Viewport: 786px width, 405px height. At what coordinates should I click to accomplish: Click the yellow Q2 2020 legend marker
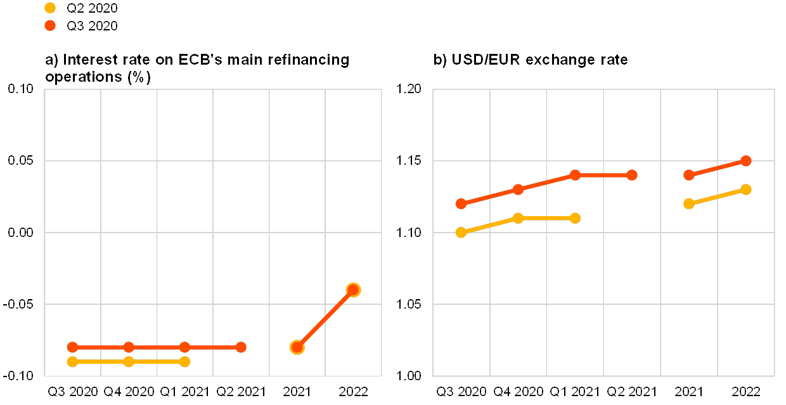click(51, 8)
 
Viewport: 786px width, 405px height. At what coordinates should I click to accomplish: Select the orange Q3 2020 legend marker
click(51, 25)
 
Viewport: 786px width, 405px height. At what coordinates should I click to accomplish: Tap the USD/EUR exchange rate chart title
click(531, 60)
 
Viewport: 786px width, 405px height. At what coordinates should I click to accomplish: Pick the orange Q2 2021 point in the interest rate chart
click(241, 347)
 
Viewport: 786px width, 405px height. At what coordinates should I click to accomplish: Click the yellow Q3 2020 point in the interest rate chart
click(72, 361)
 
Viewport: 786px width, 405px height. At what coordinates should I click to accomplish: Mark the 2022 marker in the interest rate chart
click(353, 290)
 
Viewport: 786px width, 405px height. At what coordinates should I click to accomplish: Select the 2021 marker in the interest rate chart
click(297, 347)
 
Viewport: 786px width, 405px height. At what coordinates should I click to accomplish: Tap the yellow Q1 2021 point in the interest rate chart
click(184, 361)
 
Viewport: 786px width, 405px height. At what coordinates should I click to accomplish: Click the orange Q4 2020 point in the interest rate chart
click(129, 347)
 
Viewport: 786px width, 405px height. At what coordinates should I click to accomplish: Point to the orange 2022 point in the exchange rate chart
click(746, 160)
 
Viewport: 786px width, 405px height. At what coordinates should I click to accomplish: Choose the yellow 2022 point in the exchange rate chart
click(746, 190)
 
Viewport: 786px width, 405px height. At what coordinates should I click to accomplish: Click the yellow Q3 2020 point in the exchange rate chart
click(461, 232)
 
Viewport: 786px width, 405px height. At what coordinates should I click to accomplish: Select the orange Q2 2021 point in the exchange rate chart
click(632, 175)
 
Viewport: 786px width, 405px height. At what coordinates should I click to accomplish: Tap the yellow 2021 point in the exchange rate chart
click(689, 203)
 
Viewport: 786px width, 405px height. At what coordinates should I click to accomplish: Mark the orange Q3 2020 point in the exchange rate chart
click(461, 203)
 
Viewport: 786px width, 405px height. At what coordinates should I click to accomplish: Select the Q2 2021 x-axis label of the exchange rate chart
click(632, 390)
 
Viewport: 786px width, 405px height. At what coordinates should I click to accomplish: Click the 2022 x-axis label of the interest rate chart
click(353, 390)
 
